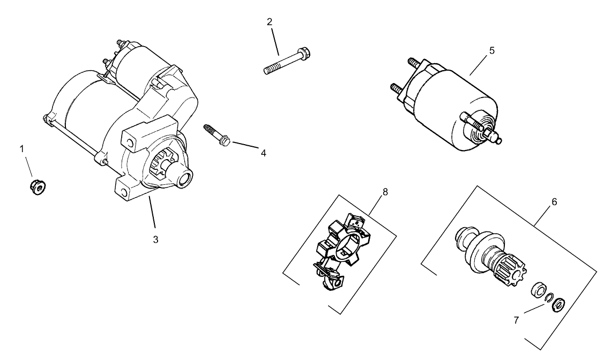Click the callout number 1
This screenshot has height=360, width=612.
pyautogui.click(x=23, y=148)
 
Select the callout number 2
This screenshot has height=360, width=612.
pyautogui.click(x=270, y=22)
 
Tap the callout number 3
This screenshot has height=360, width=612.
pyautogui.click(x=156, y=239)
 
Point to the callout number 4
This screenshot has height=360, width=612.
pyautogui.click(x=263, y=153)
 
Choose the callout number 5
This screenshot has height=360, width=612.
pyautogui.click(x=491, y=51)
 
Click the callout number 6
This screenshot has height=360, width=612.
pyautogui.click(x=554, y=202)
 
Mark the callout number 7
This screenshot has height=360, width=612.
pyautogui.click(x=517, y=320)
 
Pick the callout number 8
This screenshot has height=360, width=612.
pyautogui.click(x=385, y=192)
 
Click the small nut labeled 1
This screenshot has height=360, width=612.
pyautogui.click(x=37, y=187)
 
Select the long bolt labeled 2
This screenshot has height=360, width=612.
pyautogui.click(x=288, y=61)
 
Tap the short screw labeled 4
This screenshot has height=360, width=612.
pyautogui.click(x=217, y=134)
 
